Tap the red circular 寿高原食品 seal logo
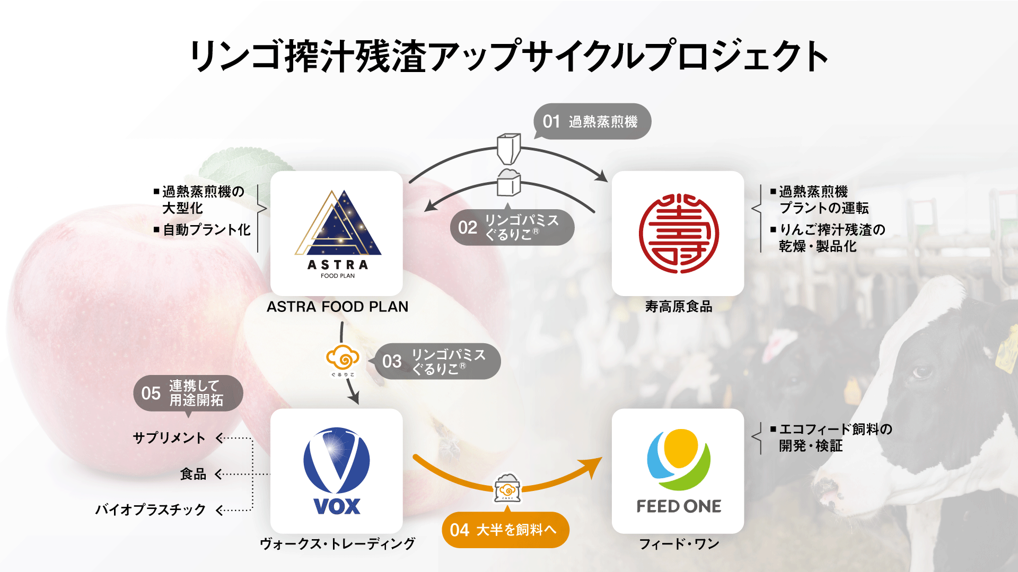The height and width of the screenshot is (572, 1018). point(678,233)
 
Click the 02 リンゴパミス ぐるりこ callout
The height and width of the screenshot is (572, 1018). point(512,227)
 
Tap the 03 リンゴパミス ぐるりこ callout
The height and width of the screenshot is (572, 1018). point(438,361)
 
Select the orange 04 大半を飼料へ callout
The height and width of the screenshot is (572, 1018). point(505,530)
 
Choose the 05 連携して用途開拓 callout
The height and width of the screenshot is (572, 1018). point(188,393)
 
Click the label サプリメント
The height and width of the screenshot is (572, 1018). point(169,438)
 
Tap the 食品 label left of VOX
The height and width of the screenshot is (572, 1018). point(193,474)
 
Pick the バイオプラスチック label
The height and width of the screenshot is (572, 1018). point(151,510)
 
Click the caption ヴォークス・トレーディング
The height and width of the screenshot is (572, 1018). point(337,543)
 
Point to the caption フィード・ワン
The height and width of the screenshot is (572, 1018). point(679,543)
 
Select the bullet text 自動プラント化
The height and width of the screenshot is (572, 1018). point(206,229)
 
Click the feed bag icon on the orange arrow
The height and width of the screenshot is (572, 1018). point(507,488)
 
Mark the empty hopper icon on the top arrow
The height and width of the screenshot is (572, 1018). point(508,148)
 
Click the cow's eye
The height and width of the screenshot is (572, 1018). point(923,371)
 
